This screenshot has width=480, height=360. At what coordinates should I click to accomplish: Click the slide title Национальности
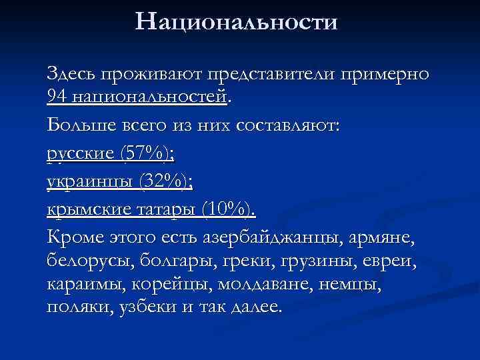coord(237,23)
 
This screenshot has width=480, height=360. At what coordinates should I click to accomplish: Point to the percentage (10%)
coord(227,209)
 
